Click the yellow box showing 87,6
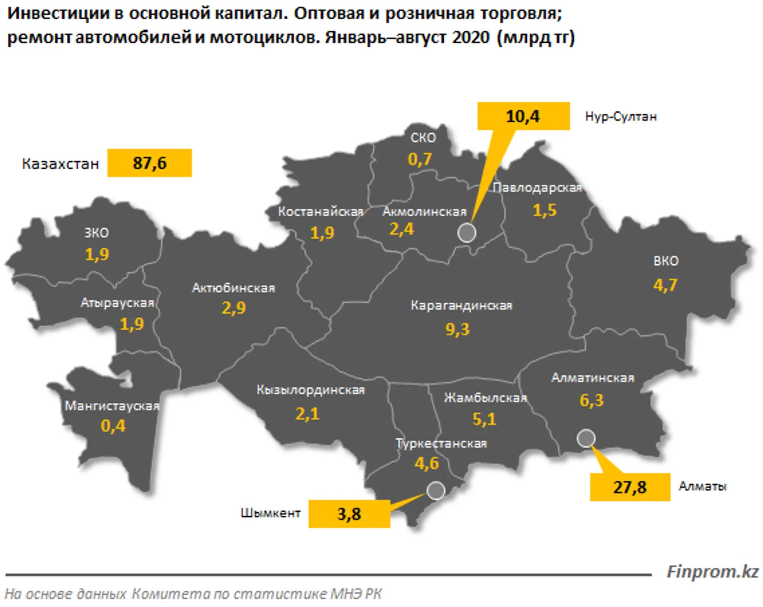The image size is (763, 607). tap(149, 163)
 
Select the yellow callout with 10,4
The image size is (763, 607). tap(523, 116)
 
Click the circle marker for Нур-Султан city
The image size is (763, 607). tap(466, 233)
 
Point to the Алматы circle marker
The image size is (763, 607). tap(586, 438)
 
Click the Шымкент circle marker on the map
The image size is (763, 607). tap(436, 490)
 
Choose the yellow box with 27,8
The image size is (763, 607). tap(629, 487)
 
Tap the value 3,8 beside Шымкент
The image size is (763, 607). tap(349, 514)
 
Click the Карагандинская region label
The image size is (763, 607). tap(461, 306)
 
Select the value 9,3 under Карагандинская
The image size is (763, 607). tap(457, 330)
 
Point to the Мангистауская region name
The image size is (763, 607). tap(112, 406)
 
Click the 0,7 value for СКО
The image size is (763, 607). tap(420, 160)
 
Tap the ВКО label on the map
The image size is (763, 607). tap(666, 261)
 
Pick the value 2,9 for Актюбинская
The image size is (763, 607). tap(233, 308)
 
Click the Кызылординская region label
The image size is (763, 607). tap(310, 390)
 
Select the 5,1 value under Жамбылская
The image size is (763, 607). tap(485, 419)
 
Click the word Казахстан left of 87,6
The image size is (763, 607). tap(60, 164)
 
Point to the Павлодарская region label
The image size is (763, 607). tap(537, 188)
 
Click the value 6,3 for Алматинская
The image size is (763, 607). tap(591, 400)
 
